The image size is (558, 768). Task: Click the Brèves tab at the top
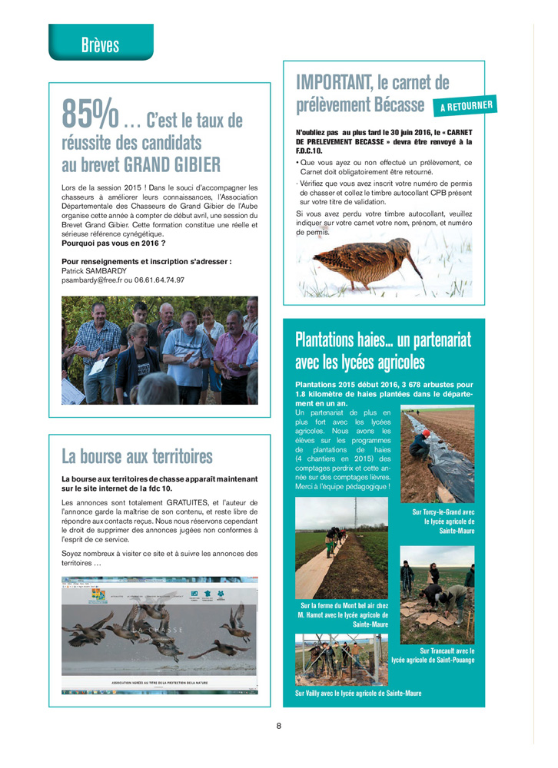tap(100, 45)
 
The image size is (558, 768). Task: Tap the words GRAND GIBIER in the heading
tap(172, 164)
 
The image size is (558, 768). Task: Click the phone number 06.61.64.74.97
tap(159, 280)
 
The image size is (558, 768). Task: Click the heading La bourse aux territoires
tap(137, 457)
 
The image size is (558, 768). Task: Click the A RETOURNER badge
tap(467, 106)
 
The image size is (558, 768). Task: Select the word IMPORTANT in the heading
tap(335, 81)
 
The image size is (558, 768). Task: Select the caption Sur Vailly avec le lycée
tap(358, 693)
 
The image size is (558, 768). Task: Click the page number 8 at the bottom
tap(279, 725)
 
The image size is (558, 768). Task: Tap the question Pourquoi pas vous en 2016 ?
tap(114, 243)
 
